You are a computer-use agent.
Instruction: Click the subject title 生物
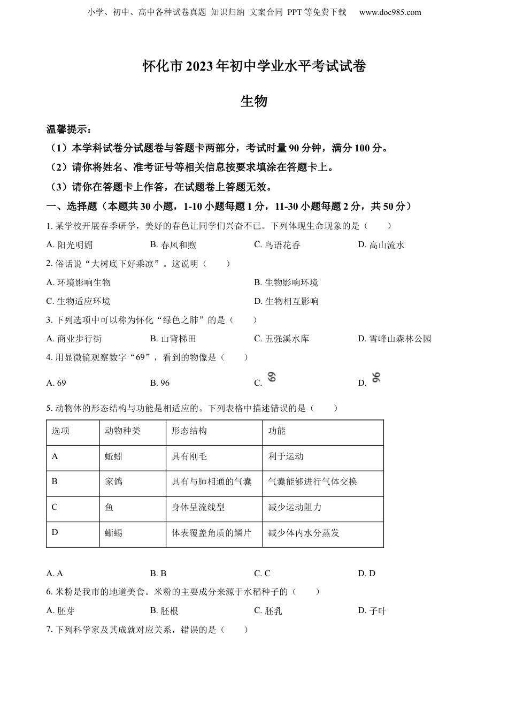pyautogui.click(x=254, y=101)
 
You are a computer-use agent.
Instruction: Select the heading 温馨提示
pyautogui.click(x=69, y=129)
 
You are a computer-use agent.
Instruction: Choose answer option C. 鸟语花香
pyautogui.click(x=277, y=245)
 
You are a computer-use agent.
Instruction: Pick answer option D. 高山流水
pyautogui.click(x=381, y=245)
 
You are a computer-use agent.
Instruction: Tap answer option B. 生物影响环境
pyautogui.click(x=286, y=282)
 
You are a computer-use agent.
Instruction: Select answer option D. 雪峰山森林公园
pyautogui.click(x=395, y=339)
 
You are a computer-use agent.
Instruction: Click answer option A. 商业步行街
pyautogui.click(x=74, y=339)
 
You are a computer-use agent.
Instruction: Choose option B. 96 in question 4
pyautogui.click(x=160, y=383)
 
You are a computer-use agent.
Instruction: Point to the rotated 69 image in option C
pyautogui.click(x=272, y=377)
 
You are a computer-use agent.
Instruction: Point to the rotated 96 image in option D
pyautogui.click(x=376, y=378)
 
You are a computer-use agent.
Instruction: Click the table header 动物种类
pyautogui.click(x=122, y=431)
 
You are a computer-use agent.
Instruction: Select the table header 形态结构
pyautogui.click(x=189, y=431)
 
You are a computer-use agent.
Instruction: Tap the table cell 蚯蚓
pyautogui.click(x=114, y=456)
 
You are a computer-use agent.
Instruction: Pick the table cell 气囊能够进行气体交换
pyautogui.click(x=312, y=481)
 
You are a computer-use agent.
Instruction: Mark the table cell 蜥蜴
pyautogui.click(x=114, y=533)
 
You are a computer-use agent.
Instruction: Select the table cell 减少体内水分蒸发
pyautogui.click(x=304, y=533)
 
